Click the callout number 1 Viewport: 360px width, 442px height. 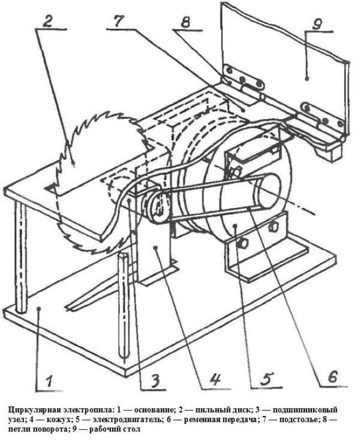pyautogui.click(x=49, y=381)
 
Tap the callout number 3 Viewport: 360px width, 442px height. pyautogui.click(x=155, y=380)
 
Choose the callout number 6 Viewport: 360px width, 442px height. pyautogui.click(x=333, y=376)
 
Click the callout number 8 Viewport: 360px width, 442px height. pyautogui.click(x=186, y=22)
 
